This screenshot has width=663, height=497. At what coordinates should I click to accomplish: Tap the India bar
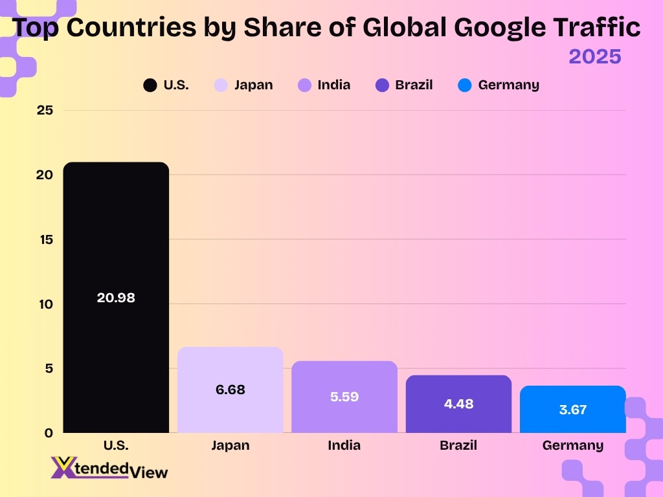[344, 414]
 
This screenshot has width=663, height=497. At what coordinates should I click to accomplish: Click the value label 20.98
[116, 298]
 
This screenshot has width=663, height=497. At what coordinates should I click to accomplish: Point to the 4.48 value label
[458, 404]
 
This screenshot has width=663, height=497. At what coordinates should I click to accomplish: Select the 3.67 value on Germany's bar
[572, 410]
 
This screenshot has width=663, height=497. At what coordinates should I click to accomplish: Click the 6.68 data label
[230, 390]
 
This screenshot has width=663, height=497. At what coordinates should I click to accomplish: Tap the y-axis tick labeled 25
[45, 111]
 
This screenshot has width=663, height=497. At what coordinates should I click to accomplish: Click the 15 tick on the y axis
[45, 239]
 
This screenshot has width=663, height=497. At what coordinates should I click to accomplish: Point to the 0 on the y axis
[49, 433]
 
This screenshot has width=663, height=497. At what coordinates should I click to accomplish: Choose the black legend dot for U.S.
[150, 85]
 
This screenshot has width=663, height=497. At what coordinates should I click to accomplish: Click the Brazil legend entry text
[414, 85]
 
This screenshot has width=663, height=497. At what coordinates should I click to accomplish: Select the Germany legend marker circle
[464, 85]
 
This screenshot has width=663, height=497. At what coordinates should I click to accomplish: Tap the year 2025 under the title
[594, 56]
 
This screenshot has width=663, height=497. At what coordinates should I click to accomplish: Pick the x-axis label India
[344, 445]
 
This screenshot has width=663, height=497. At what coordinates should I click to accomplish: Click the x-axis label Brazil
[458, 445]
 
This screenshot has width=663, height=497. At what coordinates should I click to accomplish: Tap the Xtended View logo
[109, 468]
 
